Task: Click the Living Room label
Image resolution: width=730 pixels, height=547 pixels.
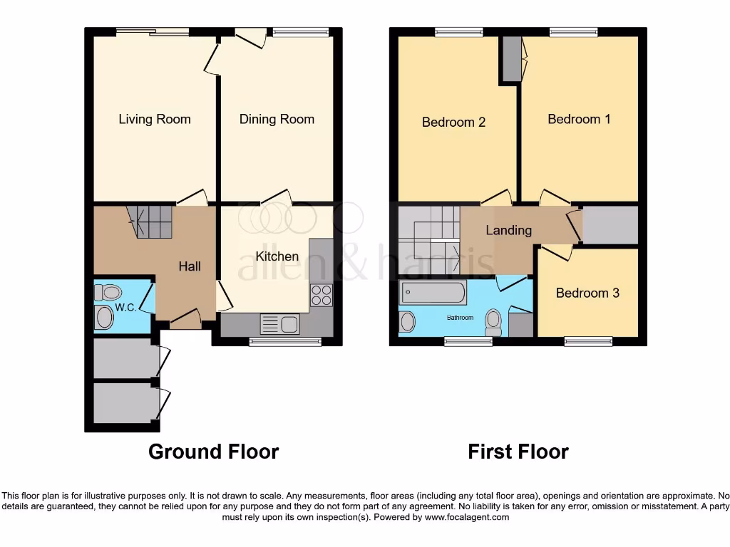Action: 155,119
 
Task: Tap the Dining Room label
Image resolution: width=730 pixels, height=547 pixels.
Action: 277,119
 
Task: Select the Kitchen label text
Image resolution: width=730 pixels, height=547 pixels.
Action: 277,256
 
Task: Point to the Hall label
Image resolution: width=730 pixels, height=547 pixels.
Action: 190,266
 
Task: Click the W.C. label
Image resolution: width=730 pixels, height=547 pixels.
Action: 125,308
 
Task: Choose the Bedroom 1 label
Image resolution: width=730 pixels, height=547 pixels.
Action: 579,119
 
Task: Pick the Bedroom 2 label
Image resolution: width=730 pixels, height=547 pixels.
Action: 453,123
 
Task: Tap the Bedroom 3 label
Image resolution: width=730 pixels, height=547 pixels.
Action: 587,293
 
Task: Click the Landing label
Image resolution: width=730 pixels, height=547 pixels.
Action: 508,230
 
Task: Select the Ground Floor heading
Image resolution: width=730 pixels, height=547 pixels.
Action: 213,452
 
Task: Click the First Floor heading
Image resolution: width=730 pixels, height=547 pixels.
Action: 518,452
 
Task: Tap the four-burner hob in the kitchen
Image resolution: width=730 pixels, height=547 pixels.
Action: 322,295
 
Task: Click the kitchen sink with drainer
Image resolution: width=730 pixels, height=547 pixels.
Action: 279,325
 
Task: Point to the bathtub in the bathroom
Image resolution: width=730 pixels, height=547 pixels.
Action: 433,291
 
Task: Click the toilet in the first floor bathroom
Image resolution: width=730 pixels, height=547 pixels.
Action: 493,322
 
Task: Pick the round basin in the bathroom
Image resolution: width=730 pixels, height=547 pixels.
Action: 408,321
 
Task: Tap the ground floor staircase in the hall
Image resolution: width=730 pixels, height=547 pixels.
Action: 151,222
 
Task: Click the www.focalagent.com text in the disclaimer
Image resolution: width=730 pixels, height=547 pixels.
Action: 466,518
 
